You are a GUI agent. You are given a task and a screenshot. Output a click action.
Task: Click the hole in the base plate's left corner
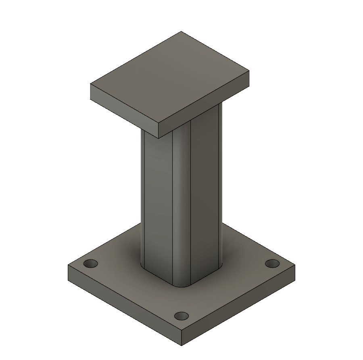tap(91, 264)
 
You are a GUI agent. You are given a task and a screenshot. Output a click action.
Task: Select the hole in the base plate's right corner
tap(272, 264)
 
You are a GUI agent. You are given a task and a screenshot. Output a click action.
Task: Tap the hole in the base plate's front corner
tap(182, 316)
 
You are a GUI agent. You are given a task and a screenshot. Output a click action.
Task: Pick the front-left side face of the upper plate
tap(123, 110)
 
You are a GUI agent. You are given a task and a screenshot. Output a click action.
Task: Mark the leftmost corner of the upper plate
tap(91, 85)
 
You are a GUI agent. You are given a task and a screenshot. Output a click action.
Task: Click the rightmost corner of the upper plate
tap(249, 71)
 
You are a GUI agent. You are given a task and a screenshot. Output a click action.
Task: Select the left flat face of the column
tap(156, 202)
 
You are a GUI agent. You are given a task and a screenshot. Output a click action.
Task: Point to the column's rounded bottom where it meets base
tap(181, 285)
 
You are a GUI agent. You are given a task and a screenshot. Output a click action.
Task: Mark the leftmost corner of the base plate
tap(69, 266)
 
